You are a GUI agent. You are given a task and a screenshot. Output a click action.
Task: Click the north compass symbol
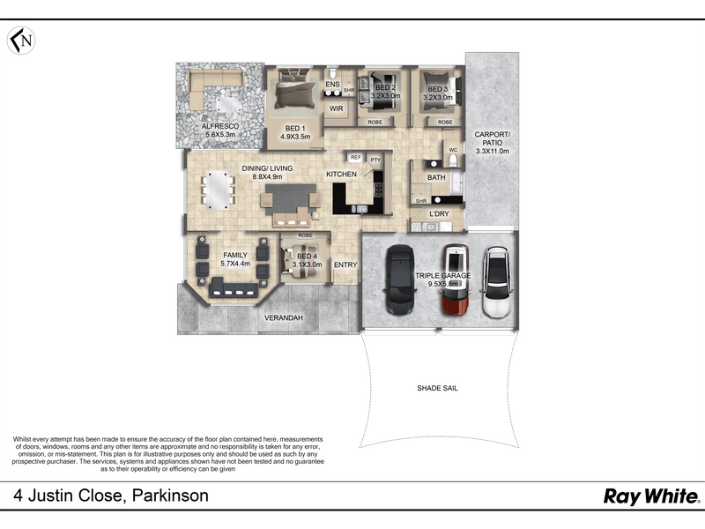21,41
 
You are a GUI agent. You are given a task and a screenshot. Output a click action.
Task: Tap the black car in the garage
400,279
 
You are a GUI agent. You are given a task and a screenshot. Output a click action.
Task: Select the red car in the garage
456,279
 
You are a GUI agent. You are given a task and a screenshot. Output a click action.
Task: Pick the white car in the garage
497,282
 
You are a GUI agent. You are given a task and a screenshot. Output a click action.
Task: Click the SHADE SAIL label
437,388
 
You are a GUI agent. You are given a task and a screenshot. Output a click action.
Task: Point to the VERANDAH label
283,318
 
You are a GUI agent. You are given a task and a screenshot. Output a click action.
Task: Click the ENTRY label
345,265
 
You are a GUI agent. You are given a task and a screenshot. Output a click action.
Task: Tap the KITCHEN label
341,174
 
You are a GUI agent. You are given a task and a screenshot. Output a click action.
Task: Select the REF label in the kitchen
356,158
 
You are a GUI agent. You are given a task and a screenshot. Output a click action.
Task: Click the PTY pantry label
375,160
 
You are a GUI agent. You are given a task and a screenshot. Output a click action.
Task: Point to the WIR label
337,108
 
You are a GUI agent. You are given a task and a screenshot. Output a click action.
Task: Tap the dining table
218,190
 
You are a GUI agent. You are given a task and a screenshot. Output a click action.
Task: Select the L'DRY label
439,213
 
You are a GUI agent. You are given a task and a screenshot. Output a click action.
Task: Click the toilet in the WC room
453,160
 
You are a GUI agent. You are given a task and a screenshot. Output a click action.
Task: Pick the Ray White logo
651,496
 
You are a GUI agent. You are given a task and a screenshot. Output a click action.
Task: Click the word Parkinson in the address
170,495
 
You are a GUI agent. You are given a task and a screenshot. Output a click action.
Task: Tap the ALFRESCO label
220,126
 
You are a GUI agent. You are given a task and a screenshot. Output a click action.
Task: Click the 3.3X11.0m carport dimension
493,151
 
